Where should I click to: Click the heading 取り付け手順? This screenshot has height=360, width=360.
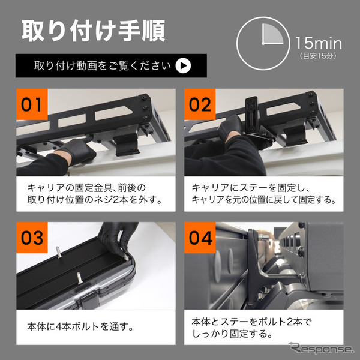click(x=93, y=31)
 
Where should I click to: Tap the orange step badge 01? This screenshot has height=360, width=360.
click(x=33, y=104)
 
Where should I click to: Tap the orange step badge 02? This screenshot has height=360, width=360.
click(x=198, y=104)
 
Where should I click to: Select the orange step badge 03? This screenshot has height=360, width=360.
click(x=33, y=238)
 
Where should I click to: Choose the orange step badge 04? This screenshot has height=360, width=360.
click(x=198, y=238)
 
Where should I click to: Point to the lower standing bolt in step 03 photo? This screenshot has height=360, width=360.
click(x=80, y=279)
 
